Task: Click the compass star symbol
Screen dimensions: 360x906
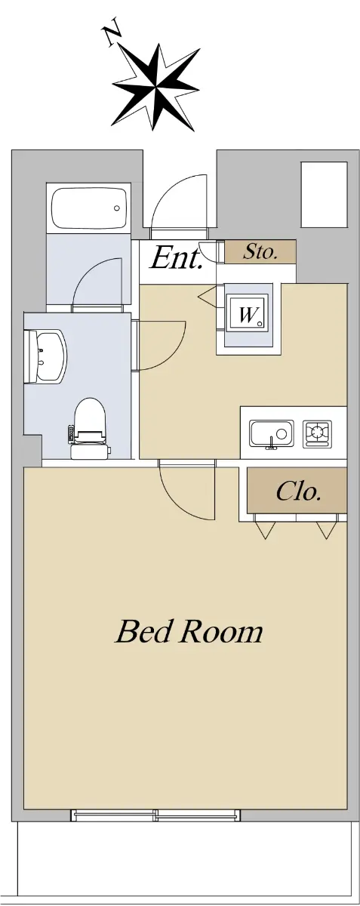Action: (156, 87)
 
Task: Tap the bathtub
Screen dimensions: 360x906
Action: (89, 208)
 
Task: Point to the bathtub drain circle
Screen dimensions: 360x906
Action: (117, 208)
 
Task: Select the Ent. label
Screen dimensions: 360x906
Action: (176, 258)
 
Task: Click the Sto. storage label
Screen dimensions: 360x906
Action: (260, 252)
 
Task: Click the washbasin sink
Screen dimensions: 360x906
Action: (45, 356)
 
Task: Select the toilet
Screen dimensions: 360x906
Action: (90, 428)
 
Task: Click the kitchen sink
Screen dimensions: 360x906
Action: (272, 434)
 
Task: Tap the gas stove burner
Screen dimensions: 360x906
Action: (318, 433)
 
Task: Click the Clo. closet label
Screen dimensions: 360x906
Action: (299, 492)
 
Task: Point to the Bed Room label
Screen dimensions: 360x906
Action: (189, 632)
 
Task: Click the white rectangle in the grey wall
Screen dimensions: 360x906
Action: (324, 195)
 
